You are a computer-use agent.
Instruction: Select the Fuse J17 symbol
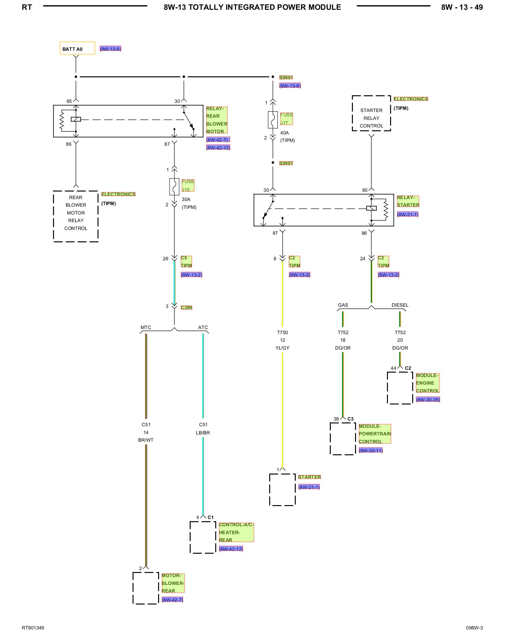[273, 120]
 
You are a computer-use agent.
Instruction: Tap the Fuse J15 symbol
[174, 186]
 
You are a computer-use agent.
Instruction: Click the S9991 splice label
[286, 77]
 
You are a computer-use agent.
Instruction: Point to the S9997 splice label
[286, 163]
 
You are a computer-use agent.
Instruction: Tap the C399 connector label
[187, 307]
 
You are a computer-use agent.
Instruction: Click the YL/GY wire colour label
[282, 348]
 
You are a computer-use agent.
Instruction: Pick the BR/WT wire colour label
[146, 440]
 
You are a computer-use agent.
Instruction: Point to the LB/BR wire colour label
[203, 433]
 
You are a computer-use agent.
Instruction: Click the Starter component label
[309, 477]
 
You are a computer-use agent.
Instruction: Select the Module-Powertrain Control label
[375, 434]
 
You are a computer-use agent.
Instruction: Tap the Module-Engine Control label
[428, 383]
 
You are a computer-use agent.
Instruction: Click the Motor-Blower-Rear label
[173, 583]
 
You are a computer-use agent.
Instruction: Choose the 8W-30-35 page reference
[428, 400]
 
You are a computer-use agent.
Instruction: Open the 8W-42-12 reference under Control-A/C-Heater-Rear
[231, 549]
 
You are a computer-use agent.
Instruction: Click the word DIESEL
[400, 305]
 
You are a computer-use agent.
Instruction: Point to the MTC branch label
[146, 327]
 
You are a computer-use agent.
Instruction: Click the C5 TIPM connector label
[186, 262]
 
